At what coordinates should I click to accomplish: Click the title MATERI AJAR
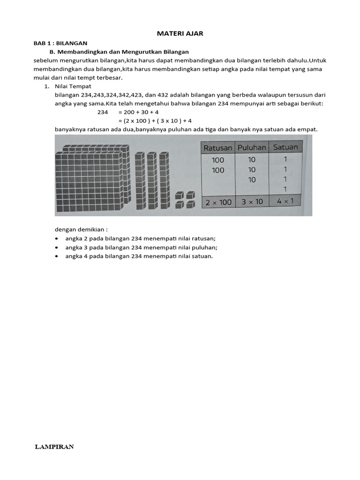click(x=180, y=34)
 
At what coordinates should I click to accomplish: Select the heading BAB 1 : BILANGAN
click(x=60, y=43)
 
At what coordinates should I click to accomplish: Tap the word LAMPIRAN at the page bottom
click(x=54, y=447)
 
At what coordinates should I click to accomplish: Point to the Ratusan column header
click(x=217, y=148)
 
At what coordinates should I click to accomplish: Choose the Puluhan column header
click(x=252, y=147)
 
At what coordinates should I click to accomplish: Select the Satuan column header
click(x=285, y=147)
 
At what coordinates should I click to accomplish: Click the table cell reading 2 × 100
click(x=218, y=202)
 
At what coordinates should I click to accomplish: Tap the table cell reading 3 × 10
click(x=252, y=202)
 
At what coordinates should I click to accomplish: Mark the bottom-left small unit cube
click(x=180, y=205)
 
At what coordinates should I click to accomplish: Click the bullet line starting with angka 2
click(x=141, y=238)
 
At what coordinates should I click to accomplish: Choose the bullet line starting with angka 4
click(x=139, y=256)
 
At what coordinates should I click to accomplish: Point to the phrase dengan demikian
click(x=82, y=229)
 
